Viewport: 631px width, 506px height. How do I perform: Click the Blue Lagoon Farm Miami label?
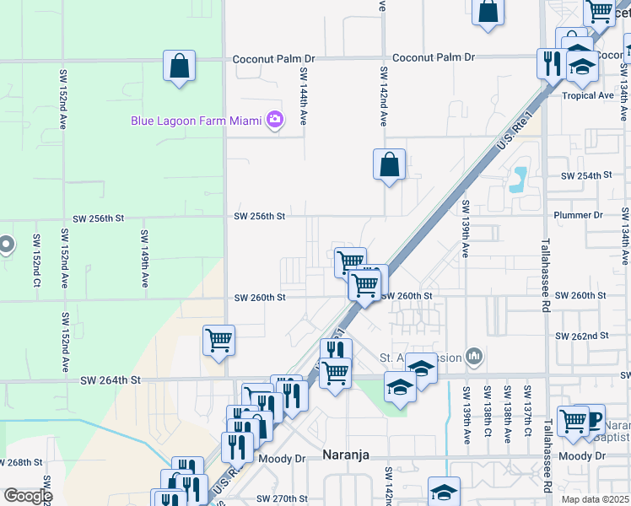197,121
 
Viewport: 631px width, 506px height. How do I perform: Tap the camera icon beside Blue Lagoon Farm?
274,121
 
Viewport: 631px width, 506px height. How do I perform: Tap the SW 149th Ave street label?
144,260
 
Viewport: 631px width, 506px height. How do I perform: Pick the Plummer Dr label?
578,215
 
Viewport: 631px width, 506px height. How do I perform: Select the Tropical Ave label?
588,95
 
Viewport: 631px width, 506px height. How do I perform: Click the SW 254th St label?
585,175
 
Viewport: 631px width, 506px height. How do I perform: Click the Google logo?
28,496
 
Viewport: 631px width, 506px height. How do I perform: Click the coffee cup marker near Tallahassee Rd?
593,420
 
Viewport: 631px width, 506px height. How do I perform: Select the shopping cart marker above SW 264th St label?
218,341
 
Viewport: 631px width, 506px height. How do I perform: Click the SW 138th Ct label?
488,415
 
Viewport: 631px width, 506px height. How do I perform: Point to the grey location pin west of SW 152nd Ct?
5,245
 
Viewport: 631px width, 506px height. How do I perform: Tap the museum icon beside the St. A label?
474,358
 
